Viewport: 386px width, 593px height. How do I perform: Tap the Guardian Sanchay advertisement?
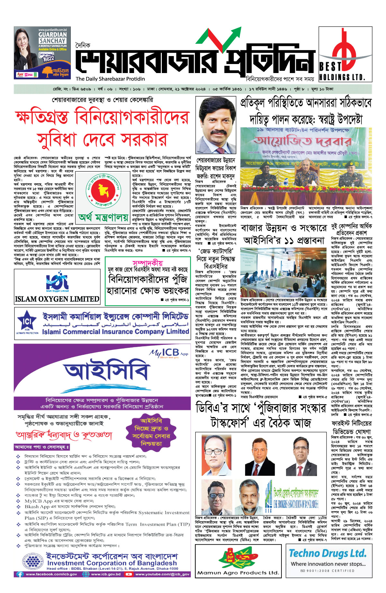point(42,53)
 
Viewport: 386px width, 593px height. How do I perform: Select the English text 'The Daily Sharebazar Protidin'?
point(110,79)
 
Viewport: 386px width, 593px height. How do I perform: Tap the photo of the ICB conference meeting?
point(283,272)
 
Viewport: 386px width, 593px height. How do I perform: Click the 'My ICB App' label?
point(169,353)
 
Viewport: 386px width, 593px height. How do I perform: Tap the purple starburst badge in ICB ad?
point(151,432)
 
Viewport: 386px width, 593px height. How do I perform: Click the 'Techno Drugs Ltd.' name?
point(327,553)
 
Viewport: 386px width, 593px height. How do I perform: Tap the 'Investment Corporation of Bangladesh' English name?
point(112,563)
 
